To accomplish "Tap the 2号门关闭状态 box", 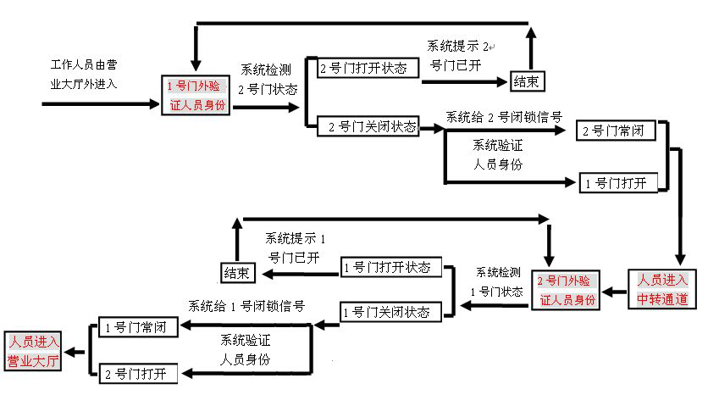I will [x=373, y=127].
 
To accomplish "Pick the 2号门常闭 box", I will [x=617, y=131].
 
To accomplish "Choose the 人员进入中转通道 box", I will [x=663, y=288].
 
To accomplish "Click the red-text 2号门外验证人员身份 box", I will [x=567, y=291].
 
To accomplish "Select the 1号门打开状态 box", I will [x=392, y=268].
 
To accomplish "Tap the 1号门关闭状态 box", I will [x=391, y=313].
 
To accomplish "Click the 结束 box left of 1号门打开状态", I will [x=236, y=272].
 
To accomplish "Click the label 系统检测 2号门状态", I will [x=264, y=78].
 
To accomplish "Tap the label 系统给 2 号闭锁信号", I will [x=504, y=117].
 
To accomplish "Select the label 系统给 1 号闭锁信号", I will [x=246, y=305].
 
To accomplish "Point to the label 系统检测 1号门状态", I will [x=497, y=281].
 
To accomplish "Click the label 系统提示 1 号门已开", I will [x=295, y=248].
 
